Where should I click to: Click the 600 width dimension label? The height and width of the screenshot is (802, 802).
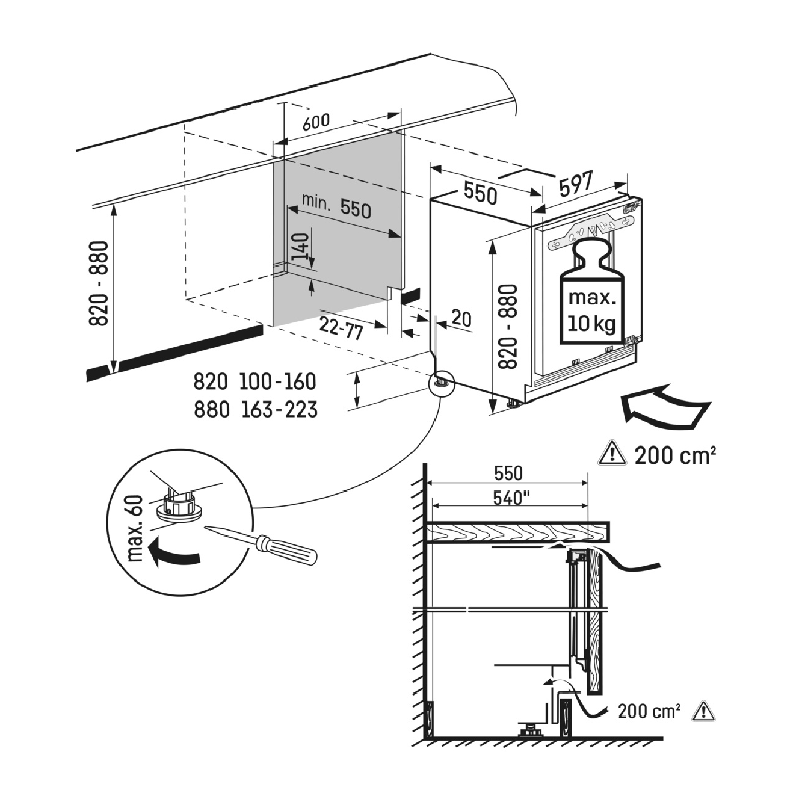(316, 122)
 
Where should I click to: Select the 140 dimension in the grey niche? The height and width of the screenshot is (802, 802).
(301, 247)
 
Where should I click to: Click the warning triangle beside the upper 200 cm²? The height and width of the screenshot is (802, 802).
(611, 453)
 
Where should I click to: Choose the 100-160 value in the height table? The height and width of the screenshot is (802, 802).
(277, 381)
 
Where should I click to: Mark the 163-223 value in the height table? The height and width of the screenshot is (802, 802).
(279, 410)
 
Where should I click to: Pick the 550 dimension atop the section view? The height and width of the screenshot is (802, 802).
(508, 473)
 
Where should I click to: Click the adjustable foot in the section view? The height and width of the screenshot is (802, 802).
(530, 729)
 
